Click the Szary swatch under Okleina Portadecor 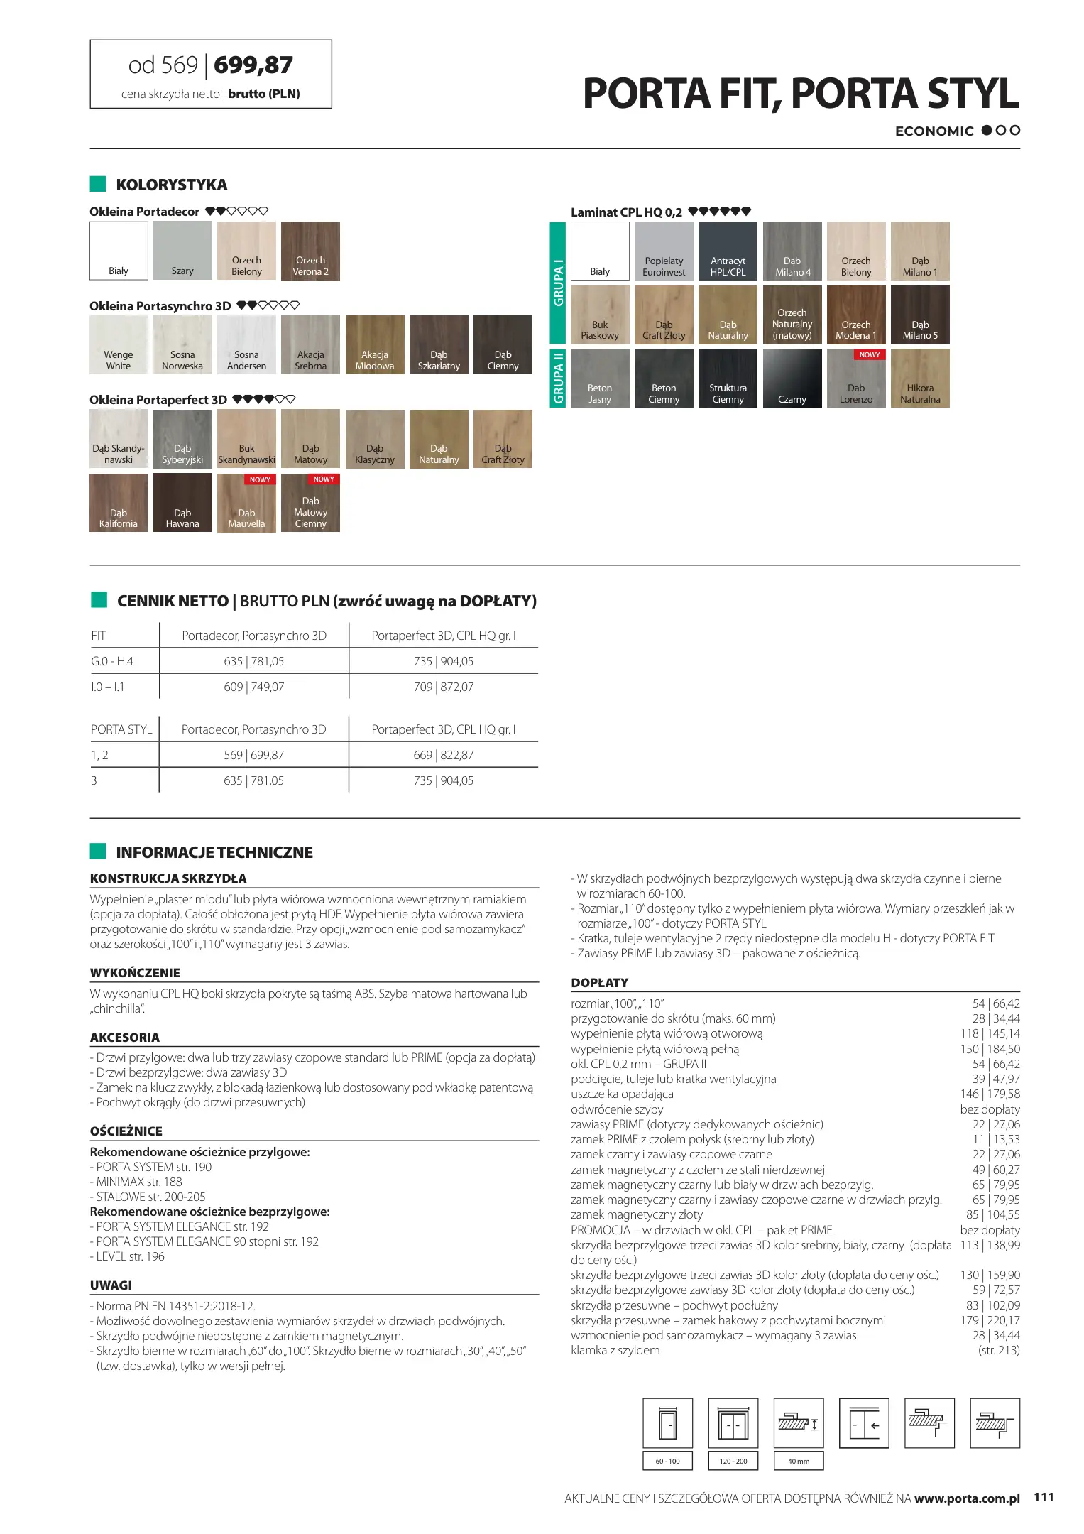[x=182, y=251]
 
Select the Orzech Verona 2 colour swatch [x=310, y=251]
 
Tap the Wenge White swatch [x=119, y=344]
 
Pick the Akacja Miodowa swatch [x=375, y=344]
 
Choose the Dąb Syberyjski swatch [x=182, y=438]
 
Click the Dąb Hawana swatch [x=182, y=502]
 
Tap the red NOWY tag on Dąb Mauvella [x=260, y=479]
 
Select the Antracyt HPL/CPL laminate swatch [x=728, y=251]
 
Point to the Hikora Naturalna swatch [x=920, y=378]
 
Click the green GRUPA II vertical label [x=558, y=378]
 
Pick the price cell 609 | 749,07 [x=254, y=687]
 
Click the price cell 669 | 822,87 [x=444, y=755]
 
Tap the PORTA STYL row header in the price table [x=121, y=729]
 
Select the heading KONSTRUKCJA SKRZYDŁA [x=168, y=878]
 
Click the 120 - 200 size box [x=733, y=1461]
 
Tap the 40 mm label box [x=799, y=1461]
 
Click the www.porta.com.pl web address [x=967, y=1498]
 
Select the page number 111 [x=1044, y=1497]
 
